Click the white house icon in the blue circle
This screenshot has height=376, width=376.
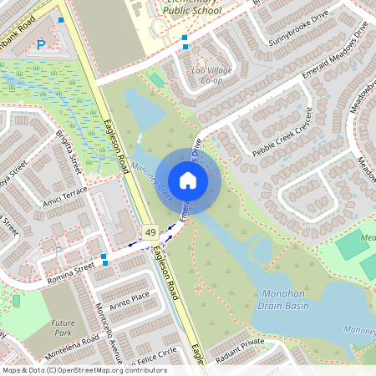[x=187, y=180]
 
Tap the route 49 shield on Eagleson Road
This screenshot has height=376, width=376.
[x=150, y=231]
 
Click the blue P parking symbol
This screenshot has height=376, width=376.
[x=40, y=45]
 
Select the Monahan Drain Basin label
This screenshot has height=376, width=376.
[x=285, y=300]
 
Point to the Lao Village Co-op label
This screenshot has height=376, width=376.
[x=212, y=75]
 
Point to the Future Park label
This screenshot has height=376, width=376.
[x=63, y=328]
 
